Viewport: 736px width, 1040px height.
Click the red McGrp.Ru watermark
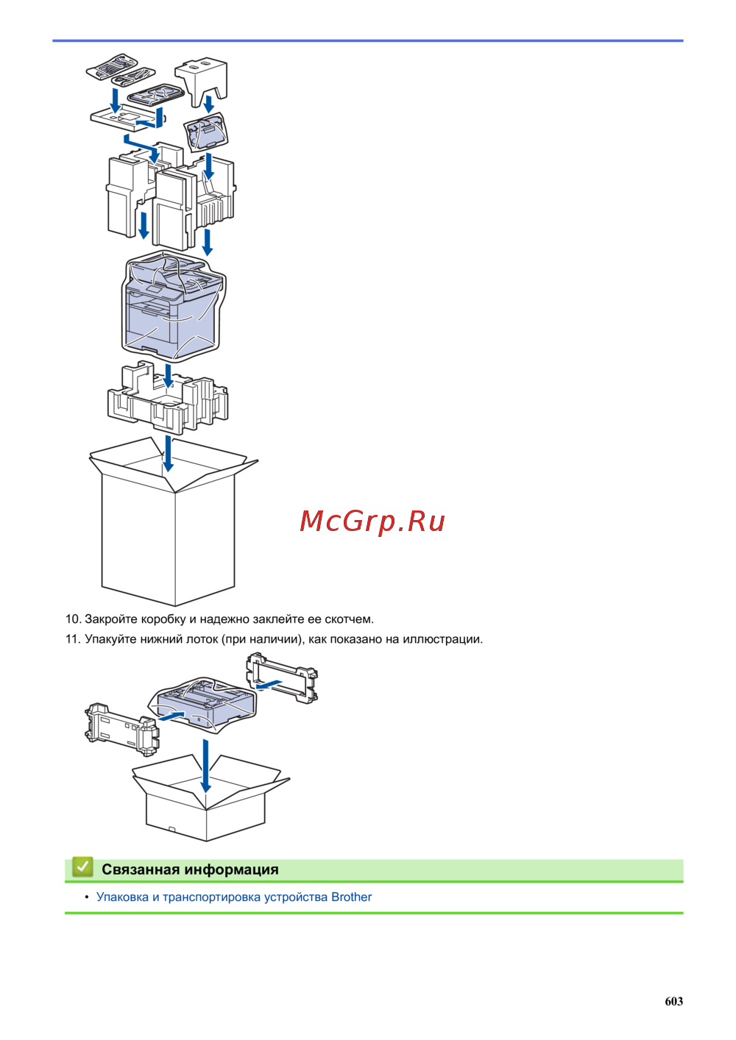(x=372, y=521)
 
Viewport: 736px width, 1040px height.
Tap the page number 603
(x=673, y=1001)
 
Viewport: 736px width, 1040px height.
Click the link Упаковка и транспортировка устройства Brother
(x=234, y=897)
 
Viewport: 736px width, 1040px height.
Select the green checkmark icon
(x=82, y=867)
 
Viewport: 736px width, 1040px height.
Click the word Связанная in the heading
(x=141, y=869)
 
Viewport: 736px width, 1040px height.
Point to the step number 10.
(x=72, y=619)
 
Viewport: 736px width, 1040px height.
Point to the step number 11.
(x=72, y=639)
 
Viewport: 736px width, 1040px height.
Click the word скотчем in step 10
(x=349, y=619)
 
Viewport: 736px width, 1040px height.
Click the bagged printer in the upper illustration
(x=174, y=305)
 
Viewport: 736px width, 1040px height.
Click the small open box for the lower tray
(x=206, y=805)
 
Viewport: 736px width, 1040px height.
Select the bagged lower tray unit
(x=202, y=702)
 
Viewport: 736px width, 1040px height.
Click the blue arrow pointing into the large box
(x=169, y=453)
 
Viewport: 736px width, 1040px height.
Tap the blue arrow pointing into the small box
(x=205, y=765)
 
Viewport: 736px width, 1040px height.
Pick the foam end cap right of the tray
(x=283, y=677)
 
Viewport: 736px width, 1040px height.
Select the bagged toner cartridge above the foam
(x=207, y=133)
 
